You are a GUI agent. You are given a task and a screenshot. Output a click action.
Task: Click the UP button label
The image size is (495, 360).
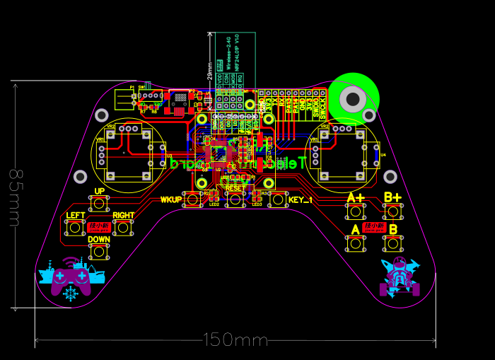coord(99,191)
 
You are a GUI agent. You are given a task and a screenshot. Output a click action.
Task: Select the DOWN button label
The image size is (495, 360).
coord(99,239)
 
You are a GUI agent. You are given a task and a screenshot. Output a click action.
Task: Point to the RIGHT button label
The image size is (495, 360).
coord(124,215)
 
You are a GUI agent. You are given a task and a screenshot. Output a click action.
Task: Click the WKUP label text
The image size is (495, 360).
coord(171,199)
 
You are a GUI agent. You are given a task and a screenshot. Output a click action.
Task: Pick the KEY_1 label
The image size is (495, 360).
coord(301,200)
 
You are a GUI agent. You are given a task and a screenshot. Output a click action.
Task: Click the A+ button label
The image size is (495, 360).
coord(356,197)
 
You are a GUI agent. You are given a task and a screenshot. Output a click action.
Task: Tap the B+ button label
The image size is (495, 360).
coord(392,197)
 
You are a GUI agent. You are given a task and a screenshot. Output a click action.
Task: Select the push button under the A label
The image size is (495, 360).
coord(356,244)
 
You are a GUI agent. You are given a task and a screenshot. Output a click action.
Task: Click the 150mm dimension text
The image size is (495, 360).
coord(235,340)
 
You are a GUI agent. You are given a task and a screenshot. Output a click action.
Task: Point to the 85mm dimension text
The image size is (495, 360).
coord(13,197)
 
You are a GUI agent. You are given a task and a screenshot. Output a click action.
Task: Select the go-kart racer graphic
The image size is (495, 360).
coord(400,277)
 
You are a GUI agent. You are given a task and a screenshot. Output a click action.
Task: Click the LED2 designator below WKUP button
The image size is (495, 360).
coord(214,204)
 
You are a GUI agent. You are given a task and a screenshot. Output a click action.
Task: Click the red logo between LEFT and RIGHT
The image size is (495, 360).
coord(99,227)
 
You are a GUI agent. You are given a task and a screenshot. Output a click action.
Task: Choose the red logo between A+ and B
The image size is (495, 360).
coord(373,227)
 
